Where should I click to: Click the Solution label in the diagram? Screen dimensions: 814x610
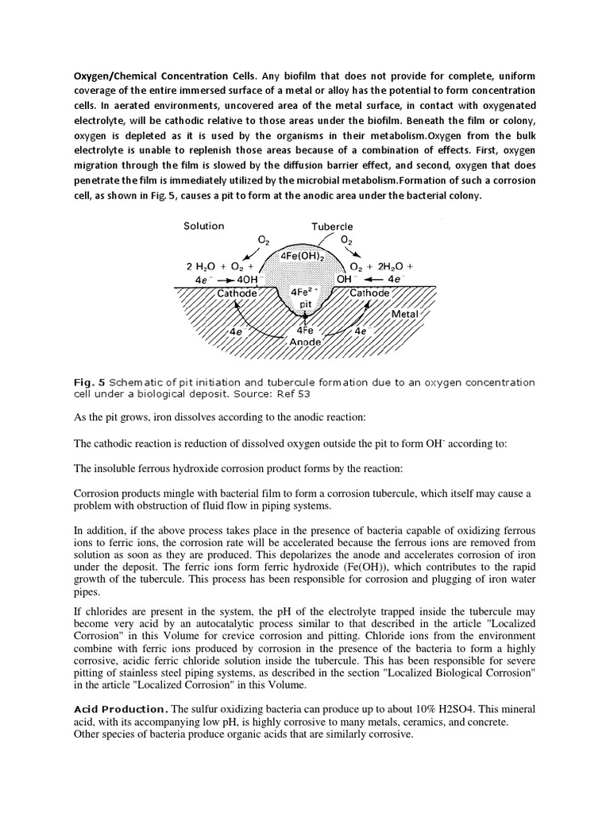(204, 226)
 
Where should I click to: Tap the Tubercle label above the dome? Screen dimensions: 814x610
(332, 227)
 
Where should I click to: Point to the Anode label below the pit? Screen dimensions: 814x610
(305, 342)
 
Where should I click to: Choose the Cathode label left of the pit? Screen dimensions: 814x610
(237, 293)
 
